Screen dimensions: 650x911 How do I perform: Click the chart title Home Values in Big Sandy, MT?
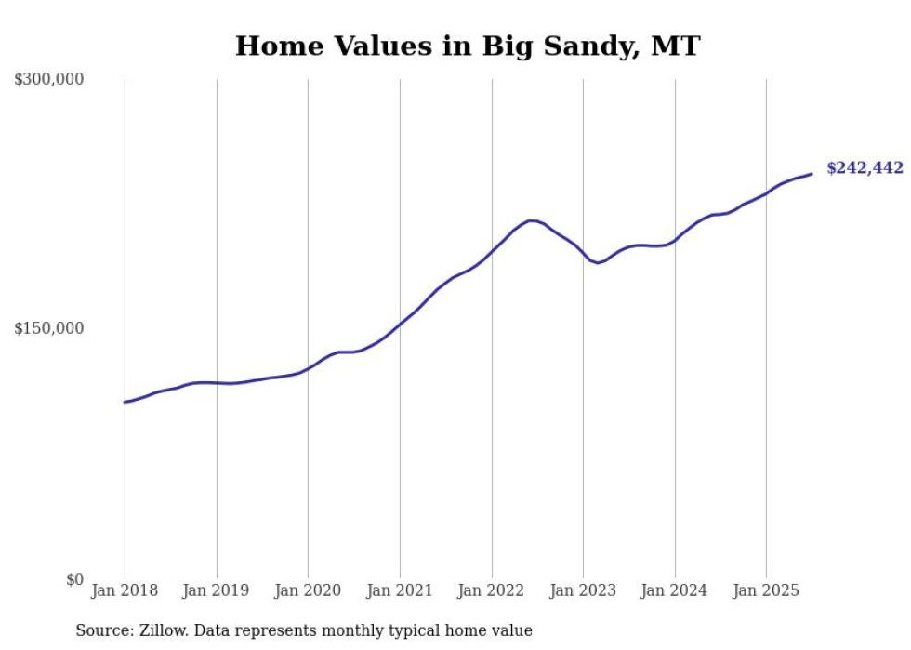pos(467,46)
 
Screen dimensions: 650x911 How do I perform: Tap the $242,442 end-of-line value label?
pos(865,168)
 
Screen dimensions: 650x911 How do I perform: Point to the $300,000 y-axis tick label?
pos(49,80)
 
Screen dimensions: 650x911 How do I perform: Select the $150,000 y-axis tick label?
pos(49,329)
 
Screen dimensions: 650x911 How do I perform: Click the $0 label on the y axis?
pos(74,579)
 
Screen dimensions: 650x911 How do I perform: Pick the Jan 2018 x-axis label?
pos(125,590)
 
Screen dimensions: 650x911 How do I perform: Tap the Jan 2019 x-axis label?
pos(217,590)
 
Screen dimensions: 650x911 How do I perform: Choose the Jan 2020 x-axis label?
pos(308,590)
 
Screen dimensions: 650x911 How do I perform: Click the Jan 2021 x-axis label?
pos(400,590)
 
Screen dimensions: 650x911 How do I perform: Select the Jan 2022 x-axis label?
pos(491,590)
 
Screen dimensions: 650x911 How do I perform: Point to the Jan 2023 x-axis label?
pos(583,590)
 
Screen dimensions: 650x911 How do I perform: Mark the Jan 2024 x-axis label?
pos(675,590)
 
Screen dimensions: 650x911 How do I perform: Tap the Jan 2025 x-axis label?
pos(766,590)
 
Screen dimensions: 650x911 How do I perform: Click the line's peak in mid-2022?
pos(531,220)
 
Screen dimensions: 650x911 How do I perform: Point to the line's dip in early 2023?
pos(598,263)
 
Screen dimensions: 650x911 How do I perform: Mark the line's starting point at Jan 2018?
pos(125,402)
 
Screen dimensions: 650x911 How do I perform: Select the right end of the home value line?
pos(812,174)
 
